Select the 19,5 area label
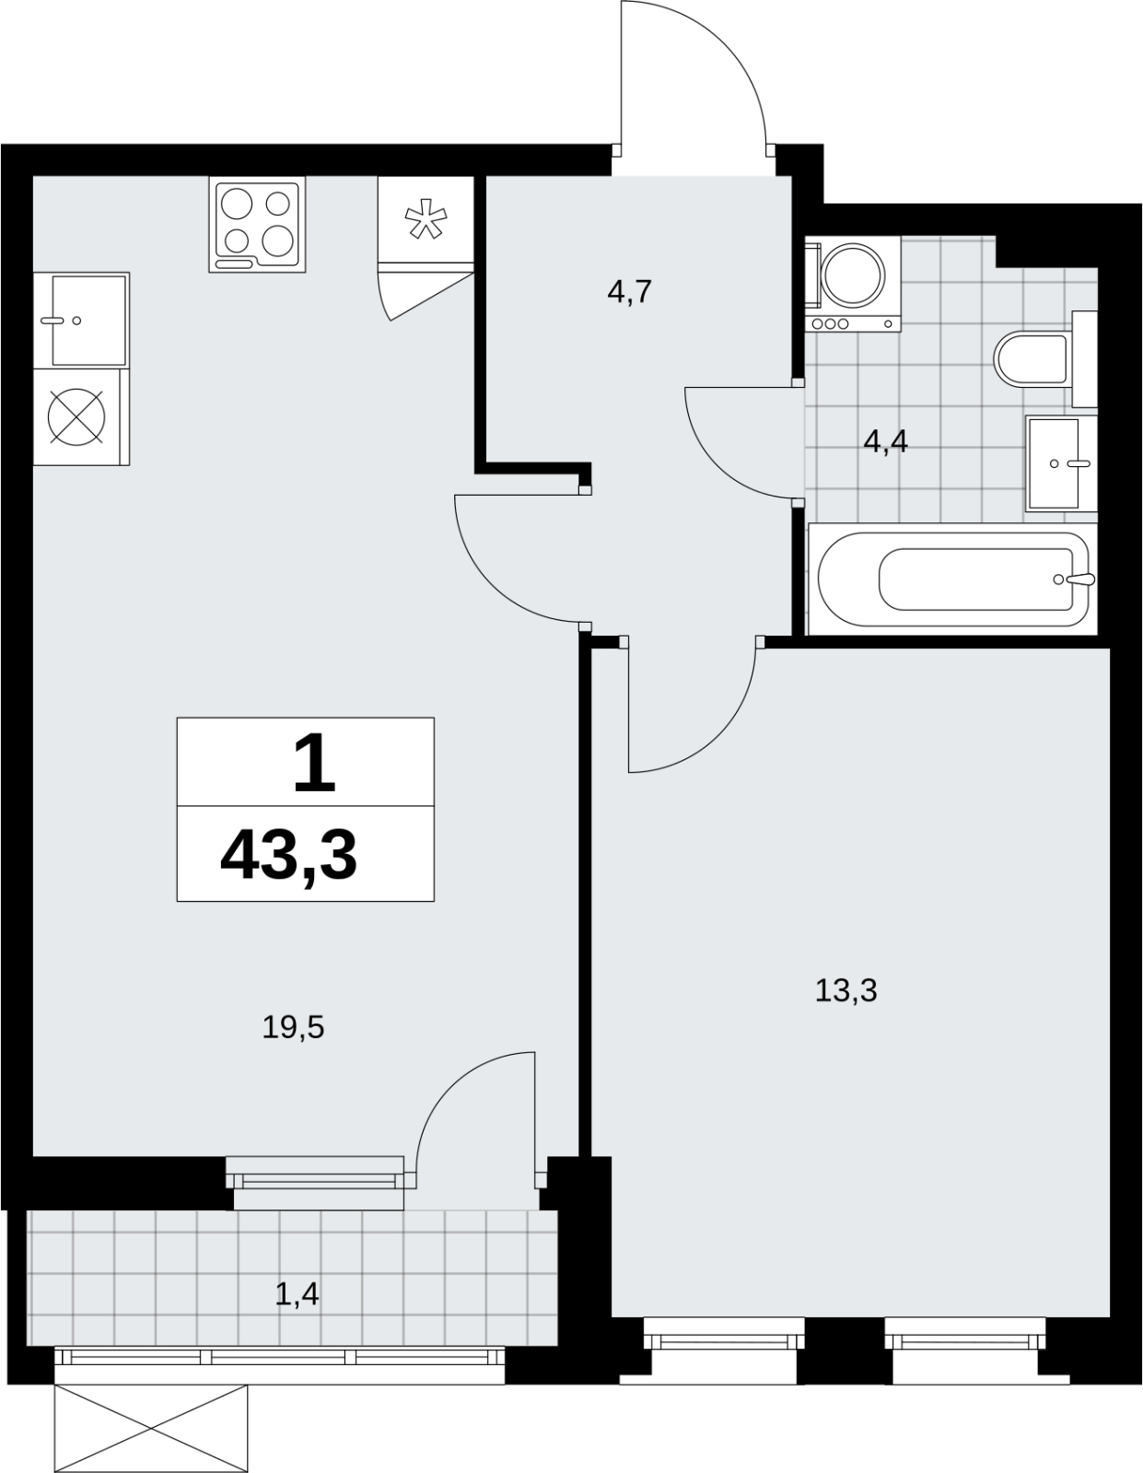pyautogui.click(x=294, y=1028)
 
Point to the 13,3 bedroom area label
pyautogui.click(x=846, y=991)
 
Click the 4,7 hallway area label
pyautogui.click(x=629, y=292)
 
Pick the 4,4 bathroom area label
pyautogui.click(x=885, y=442)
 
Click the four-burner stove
pyautogui.click(x=258, y=225)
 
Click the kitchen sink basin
pyautogui.click(x=89, y=320)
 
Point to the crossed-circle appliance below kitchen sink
pyautogui.click(x=76, y=417)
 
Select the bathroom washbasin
pyautogui.click(x=1061, y=463)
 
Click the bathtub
pyautogui.click(x=952, y=579)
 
